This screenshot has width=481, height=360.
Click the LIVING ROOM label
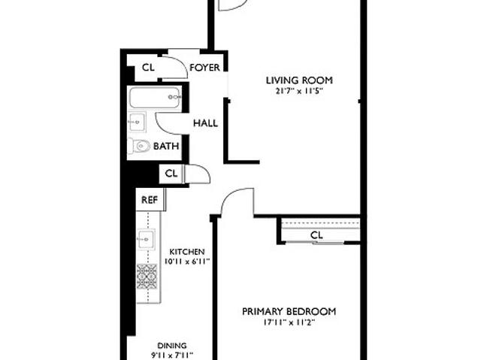click(299, 80)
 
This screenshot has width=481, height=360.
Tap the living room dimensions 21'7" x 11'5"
click(299, 92)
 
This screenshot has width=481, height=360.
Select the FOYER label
click(204, 68)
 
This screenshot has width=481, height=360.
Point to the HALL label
click(205, 123)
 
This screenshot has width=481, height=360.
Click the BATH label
click(166, 147)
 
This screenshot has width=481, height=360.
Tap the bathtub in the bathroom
click(154, 98)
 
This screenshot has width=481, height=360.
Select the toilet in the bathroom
click(139, 147)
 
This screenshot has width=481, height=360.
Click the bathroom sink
click(137, 122)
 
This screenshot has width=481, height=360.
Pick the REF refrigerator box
click(150, 200)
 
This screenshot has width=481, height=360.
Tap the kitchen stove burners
click(147, 277)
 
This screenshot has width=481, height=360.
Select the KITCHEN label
click(187, 252)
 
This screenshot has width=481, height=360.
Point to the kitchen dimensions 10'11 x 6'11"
click(187, 262)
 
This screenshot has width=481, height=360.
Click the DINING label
click(172, 346)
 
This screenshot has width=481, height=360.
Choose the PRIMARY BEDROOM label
click(289, 312)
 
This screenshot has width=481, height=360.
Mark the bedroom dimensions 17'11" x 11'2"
click(289, 322)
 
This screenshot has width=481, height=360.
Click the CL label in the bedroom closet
click(316, 235)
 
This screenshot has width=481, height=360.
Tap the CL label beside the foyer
click(148, 68)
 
